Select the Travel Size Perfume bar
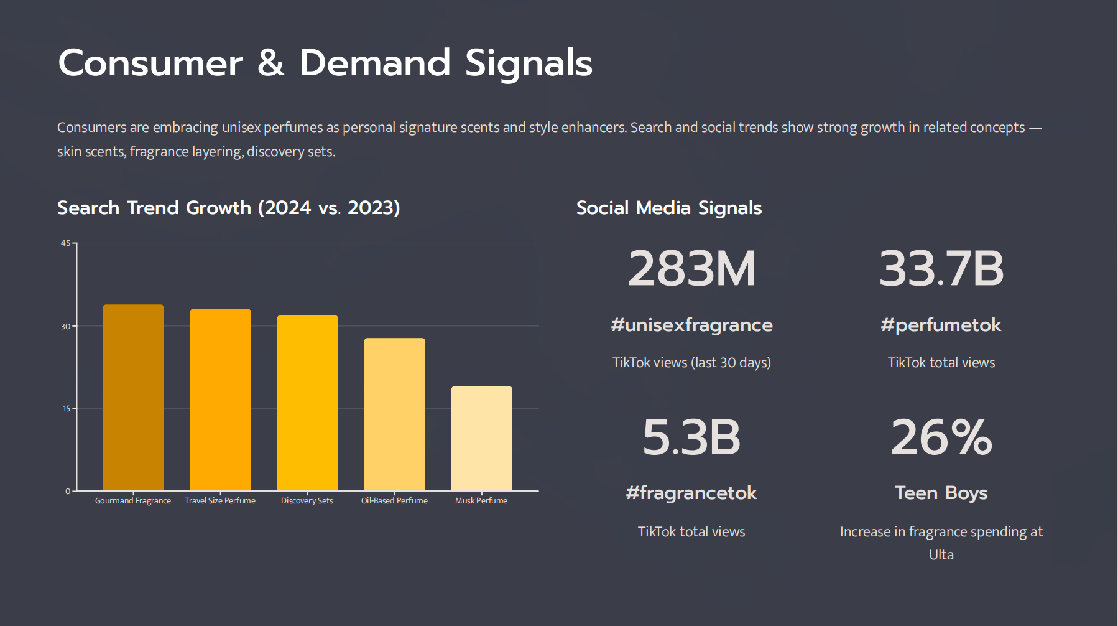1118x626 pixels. pos(220,399)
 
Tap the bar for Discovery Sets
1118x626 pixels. pos(307,403)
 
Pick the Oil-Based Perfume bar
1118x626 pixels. pos(394,414)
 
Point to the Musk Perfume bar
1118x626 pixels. pos(481,438)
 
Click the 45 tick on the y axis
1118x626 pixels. pos(65,243)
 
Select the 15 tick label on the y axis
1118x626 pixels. pos(66,409)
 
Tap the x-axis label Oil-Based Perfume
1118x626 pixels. pos(394,501)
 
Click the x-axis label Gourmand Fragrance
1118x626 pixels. pos(133,501)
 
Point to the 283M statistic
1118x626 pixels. pos(691,269)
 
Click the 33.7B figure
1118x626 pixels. pos(941,269)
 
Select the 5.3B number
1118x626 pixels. pos(691,437)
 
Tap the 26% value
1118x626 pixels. pos(941,437)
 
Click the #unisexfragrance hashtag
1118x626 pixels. pos(691,325)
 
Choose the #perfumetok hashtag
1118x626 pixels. pos(941,325)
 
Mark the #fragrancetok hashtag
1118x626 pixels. pos(691,493)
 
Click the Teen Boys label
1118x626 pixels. pos(941,493)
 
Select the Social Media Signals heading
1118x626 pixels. pos(668,208)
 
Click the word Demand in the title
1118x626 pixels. pos(374,63)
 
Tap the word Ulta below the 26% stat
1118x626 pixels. pos(941,555)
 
